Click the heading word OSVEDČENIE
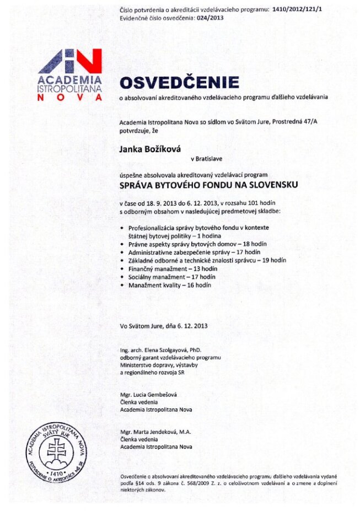point(180,83)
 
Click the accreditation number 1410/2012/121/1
point(298,10)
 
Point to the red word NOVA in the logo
point(70,97)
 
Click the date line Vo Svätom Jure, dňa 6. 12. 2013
point(164,326)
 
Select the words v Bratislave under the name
point(206,159)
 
